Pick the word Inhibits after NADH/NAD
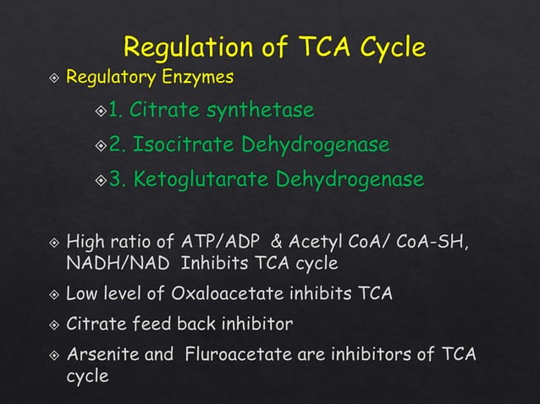(x=208, y=264)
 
